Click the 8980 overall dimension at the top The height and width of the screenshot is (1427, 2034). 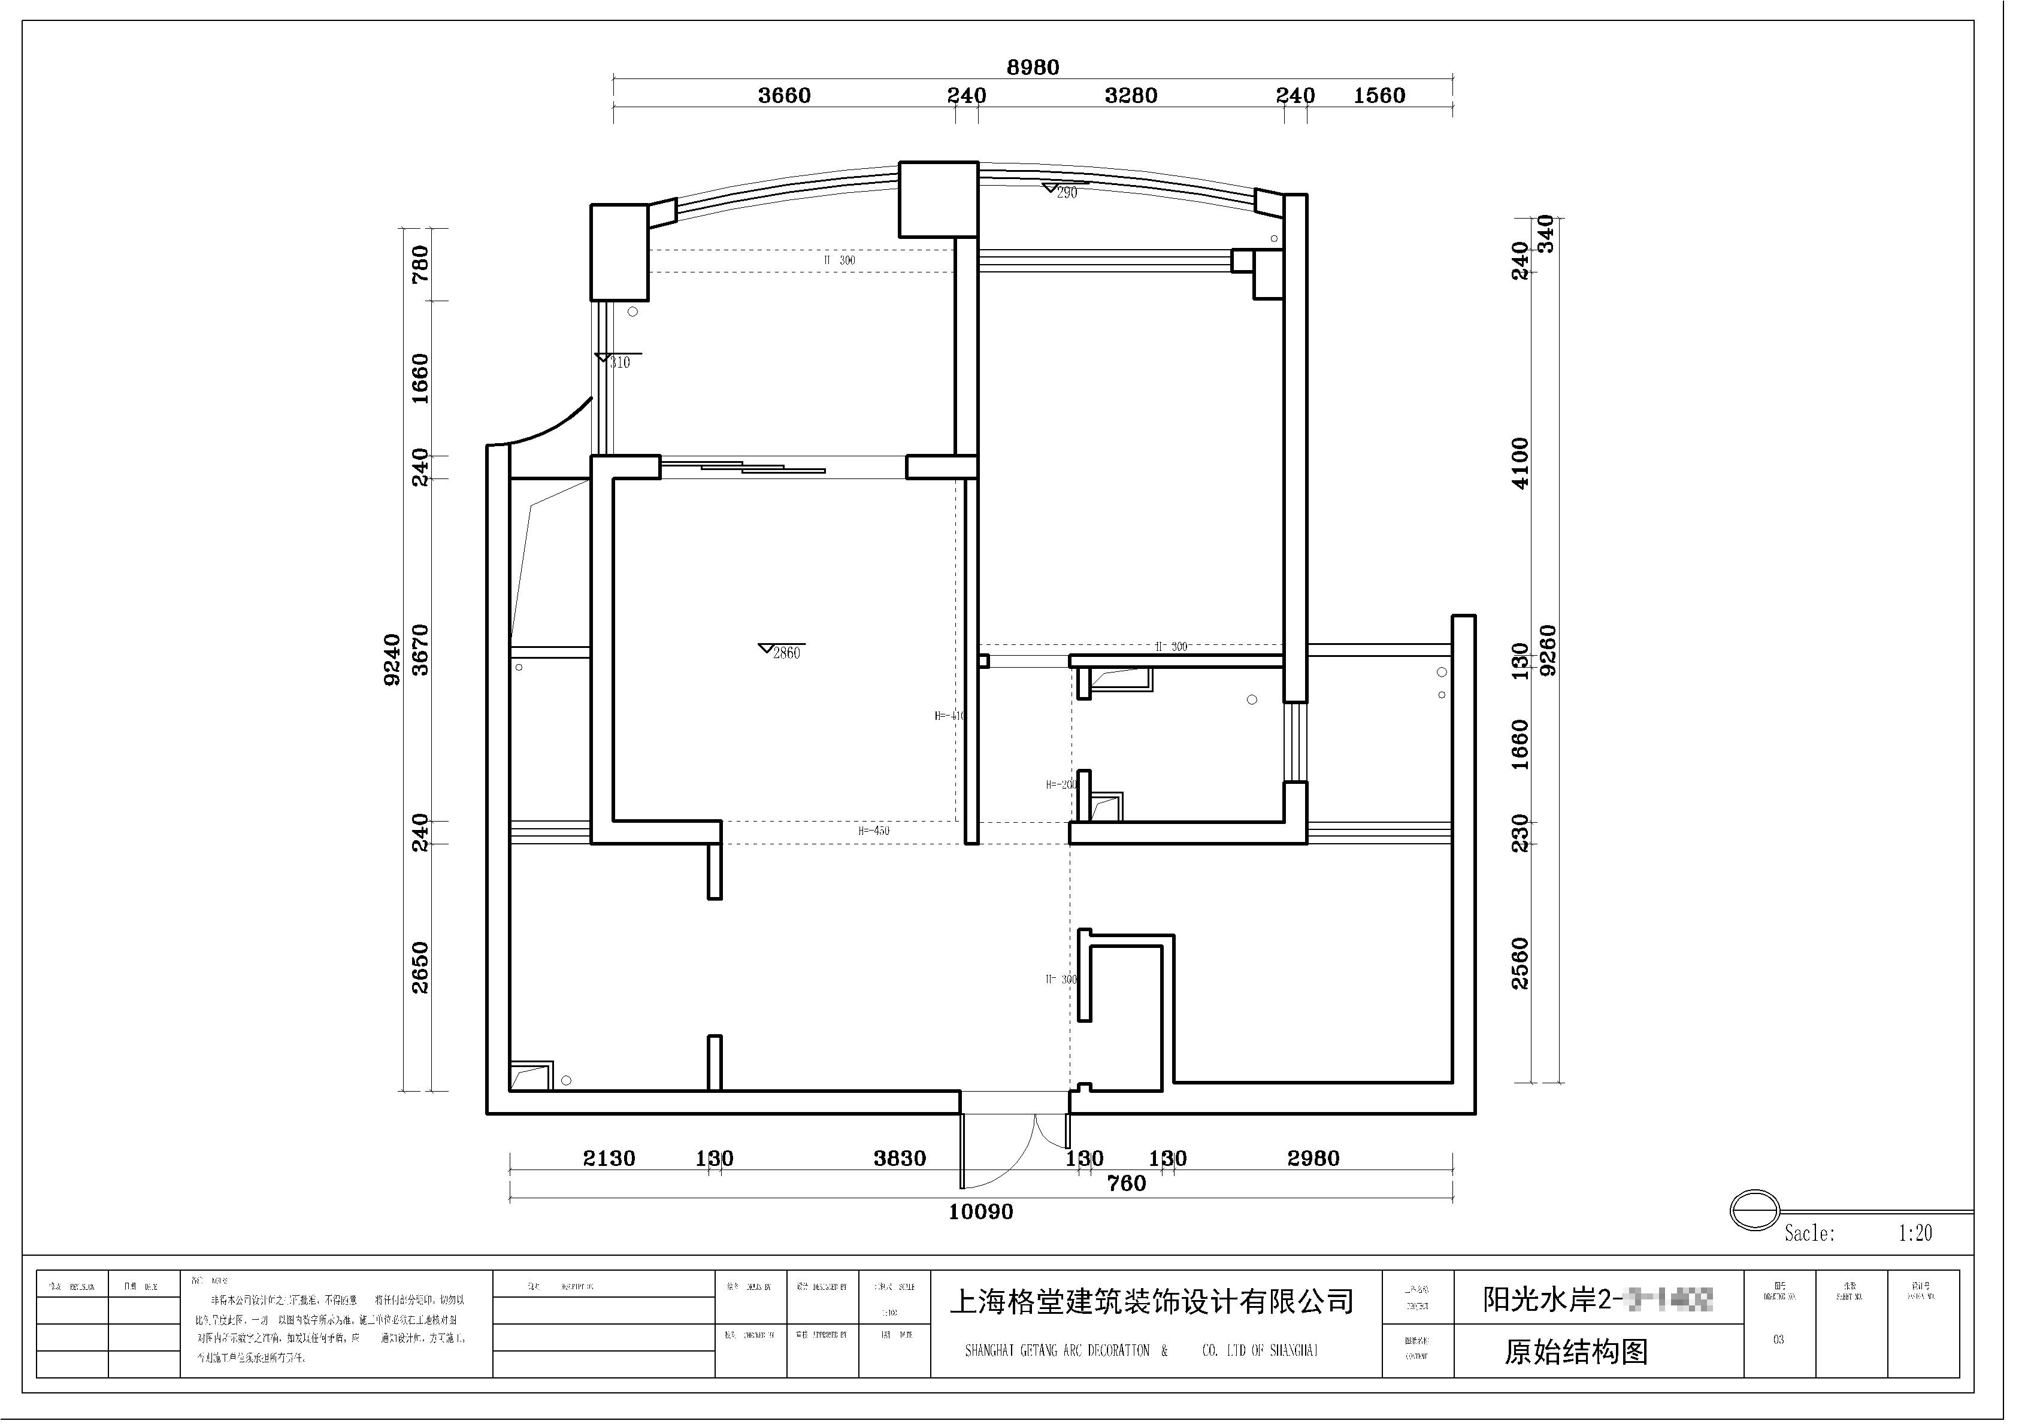coord(1033,67)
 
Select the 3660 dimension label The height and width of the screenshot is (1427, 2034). coord(784,96)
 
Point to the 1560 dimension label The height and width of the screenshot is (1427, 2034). coord(1379,96)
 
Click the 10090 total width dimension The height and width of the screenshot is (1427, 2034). coord(980,1213)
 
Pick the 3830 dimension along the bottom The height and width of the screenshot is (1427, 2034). coord(900,1159)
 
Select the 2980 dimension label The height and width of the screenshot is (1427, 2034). coord(1313,1159)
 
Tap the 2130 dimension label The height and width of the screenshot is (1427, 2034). coord(610,1159)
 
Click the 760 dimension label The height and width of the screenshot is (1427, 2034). coord(1127,1184)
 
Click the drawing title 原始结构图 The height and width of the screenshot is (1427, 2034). coord(1576,1352)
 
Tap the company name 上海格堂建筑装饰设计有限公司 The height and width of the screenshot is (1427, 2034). coord(1152,1301)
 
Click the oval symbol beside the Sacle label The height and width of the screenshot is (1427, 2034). coord(1754,1210)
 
